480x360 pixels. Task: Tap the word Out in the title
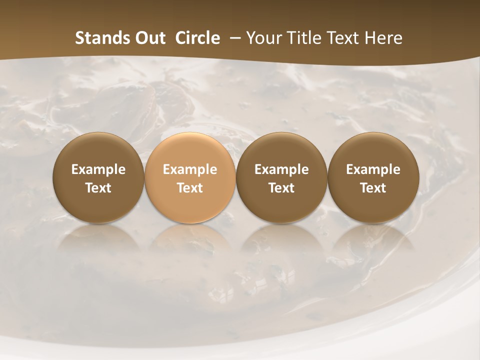pyautogui.click(x=149, y=38)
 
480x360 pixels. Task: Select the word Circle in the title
pyautogui.click(x=197, y=38)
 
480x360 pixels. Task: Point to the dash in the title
pyautogui.click(x=233, y=38)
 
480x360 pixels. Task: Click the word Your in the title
pyautogui.click(x=262, y=38)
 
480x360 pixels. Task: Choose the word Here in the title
pyautogui.click(x=384, y=38)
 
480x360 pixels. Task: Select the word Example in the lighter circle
pyautogui.click(x=190, y=169)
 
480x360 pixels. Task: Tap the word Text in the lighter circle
pyautogui.click(x=190, y=188)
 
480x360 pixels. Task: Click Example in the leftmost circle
pyautogui.click(x=98, y=169)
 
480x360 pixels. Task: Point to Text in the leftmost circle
pyautogui.click(x=98, y=188)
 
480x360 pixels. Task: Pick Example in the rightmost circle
pyautogui.click(x=373, y=169)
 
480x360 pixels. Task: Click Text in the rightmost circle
pyautogui.click(x=373, y=188)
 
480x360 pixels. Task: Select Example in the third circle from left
pyautogui.click(x=281, y=169)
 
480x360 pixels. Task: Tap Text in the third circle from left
pyautogui.click(x=281, y=188)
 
